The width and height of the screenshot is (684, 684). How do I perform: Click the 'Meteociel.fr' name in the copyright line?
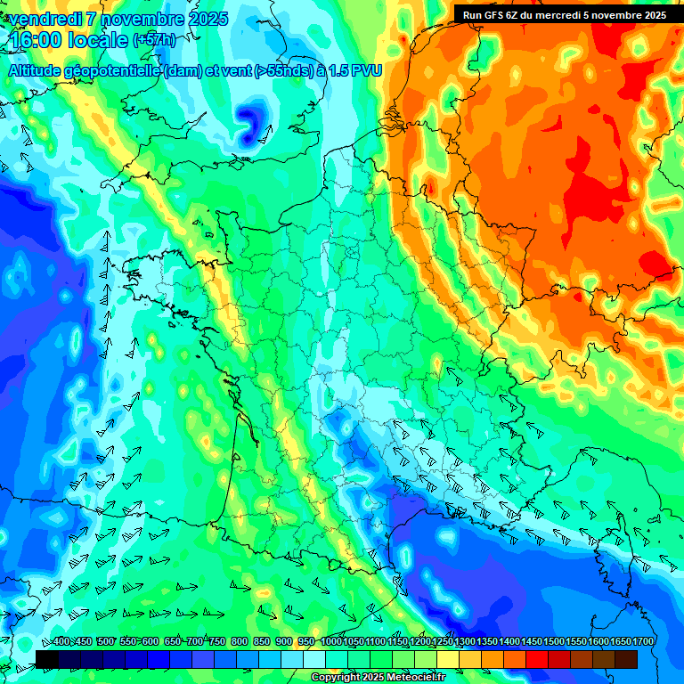(x=414, y=678)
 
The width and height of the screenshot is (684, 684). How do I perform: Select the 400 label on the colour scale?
(x=61, y=642)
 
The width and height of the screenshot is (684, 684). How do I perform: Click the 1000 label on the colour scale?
(x=330, y=642)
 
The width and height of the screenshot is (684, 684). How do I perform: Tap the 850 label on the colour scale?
(x=262, y=642)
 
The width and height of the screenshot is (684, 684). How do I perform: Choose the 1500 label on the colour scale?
(x=554, y=642)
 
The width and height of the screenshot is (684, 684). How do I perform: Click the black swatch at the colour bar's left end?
(x=47, y=659)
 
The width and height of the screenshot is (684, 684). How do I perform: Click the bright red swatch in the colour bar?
(x=537, y=659)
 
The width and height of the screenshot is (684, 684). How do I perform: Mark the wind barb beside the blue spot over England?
(x=265, y=134)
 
